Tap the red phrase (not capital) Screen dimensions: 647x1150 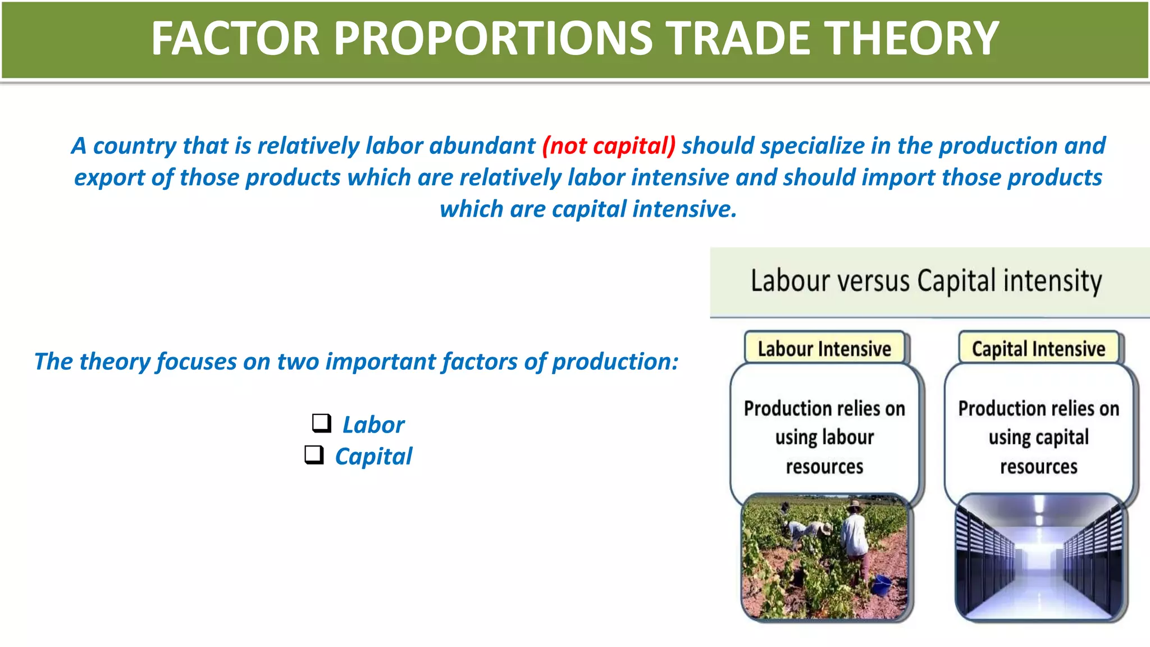tap(609, 146)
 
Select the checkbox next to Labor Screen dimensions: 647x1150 tap(321, 422)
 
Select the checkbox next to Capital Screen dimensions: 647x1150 tap(314, 454)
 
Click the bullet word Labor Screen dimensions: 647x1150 tap(373, 425)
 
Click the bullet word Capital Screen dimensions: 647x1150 tap(373, 456)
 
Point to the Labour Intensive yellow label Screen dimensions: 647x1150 tap(824, 349)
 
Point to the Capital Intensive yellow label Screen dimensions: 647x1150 tap(1038, 349)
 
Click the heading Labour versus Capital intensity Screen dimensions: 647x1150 tap(926, 281)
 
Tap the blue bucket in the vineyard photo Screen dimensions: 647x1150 tap(880, 585)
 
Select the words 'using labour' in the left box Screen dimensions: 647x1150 tap(824, 438)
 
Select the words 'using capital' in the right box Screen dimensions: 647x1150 tap(1038, 438)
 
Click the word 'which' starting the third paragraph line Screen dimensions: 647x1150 tap(471, 209)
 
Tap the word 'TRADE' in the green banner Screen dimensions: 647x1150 tap(738, 38)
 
